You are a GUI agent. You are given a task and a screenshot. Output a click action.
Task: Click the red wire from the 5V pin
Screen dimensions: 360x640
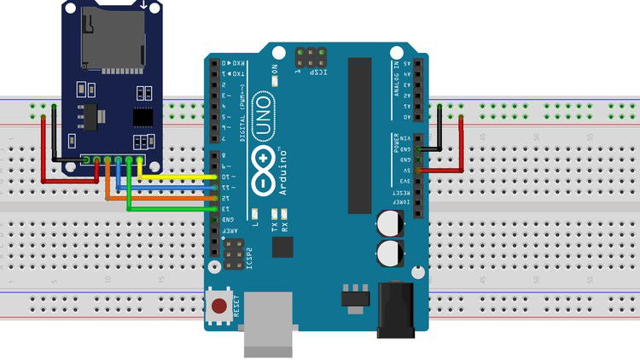462,145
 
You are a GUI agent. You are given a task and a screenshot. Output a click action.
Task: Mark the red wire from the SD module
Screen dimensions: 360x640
44,154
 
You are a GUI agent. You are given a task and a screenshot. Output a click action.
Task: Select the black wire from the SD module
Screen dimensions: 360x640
54,141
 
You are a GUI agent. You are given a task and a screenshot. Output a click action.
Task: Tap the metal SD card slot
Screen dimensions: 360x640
111,38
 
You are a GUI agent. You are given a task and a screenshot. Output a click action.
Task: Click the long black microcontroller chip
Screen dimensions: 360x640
359,136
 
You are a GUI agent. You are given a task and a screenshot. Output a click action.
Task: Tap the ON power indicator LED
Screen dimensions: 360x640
276,81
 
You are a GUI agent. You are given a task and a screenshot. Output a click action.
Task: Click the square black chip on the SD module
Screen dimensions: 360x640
142,116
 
